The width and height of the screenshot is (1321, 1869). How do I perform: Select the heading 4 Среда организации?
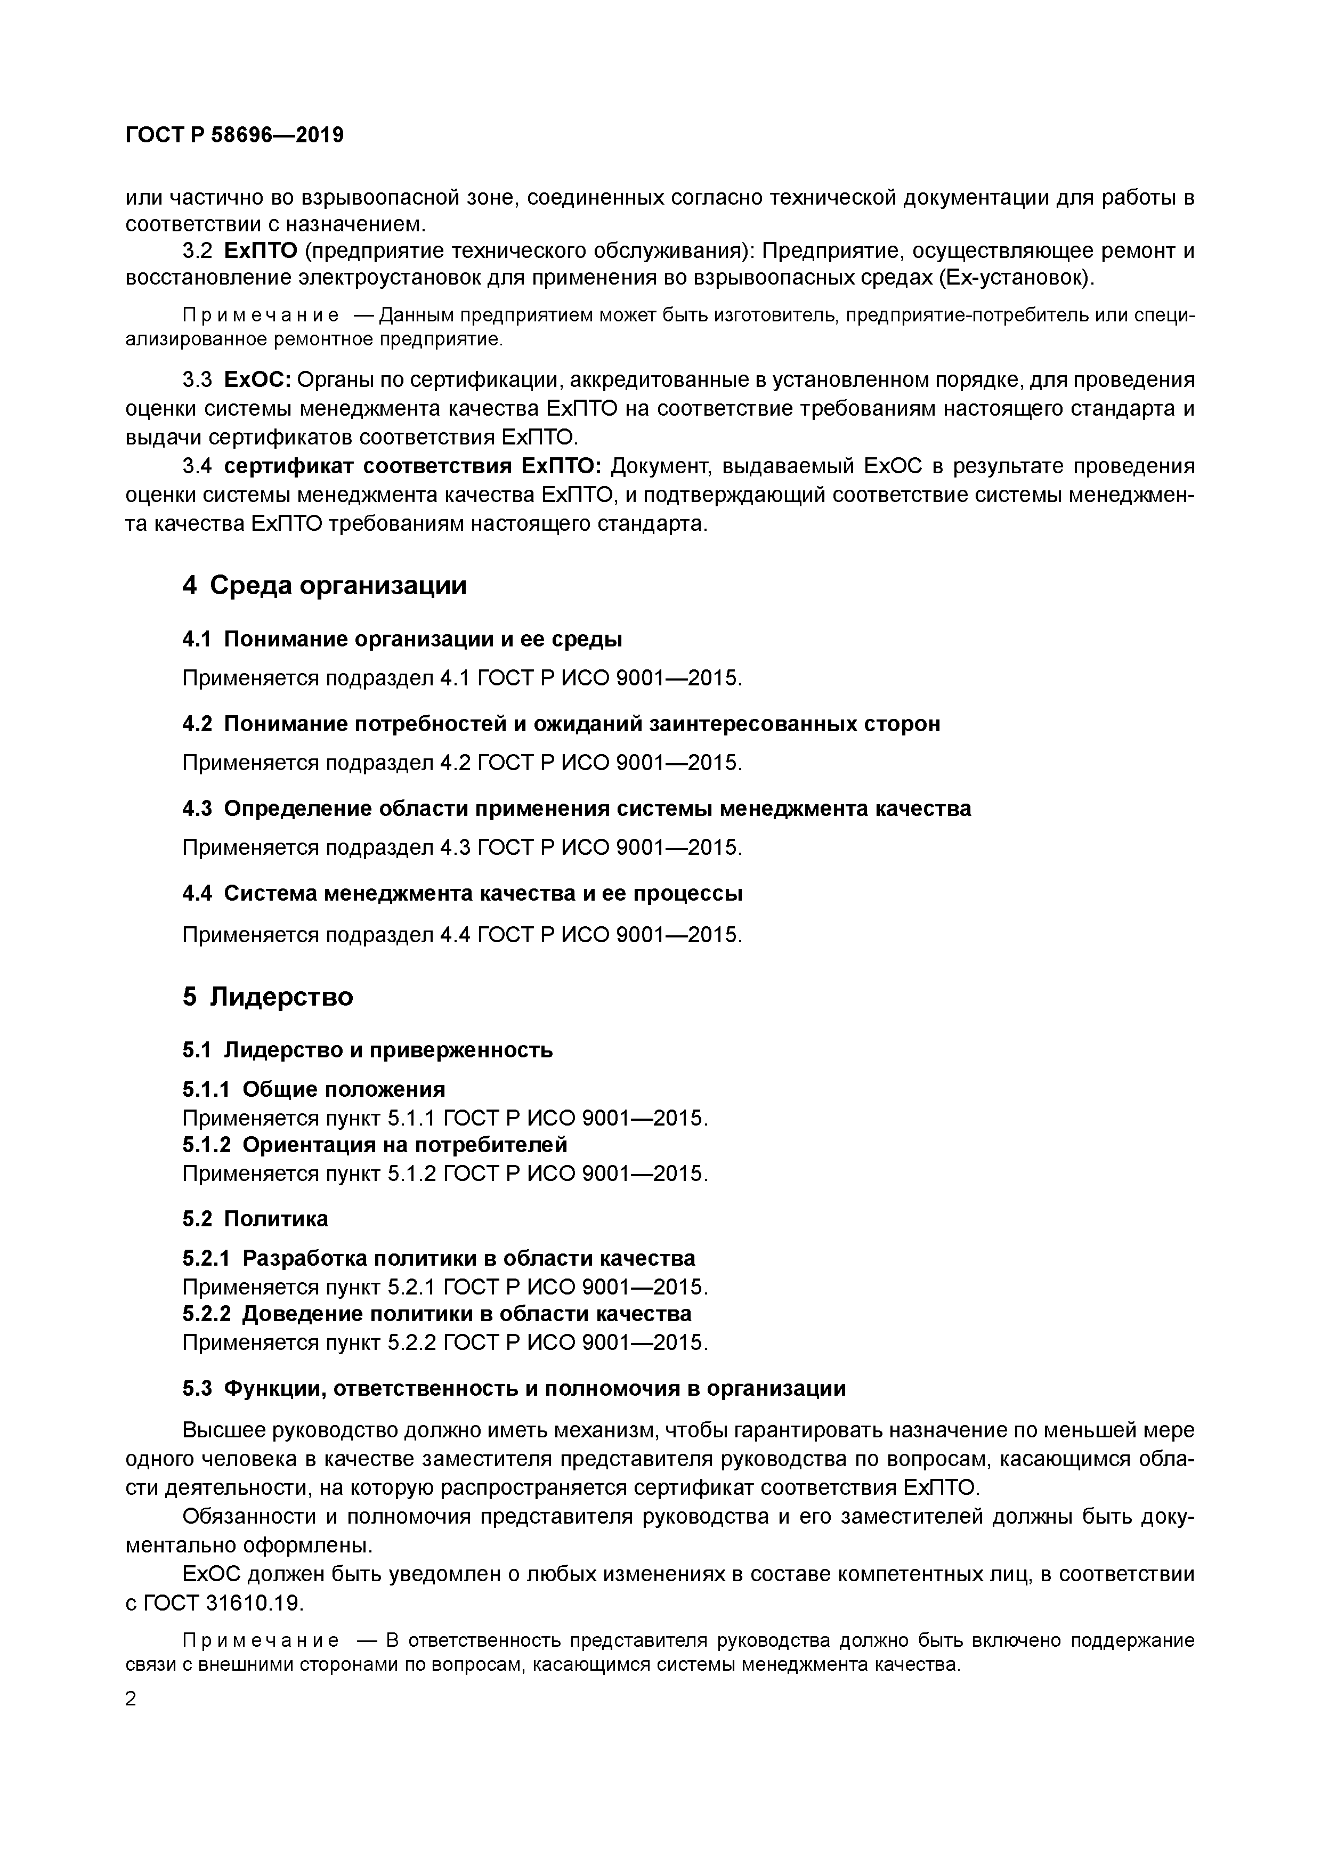click(x=324, y=585)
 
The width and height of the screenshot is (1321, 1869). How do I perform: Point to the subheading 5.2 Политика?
click(x=255, y=1219)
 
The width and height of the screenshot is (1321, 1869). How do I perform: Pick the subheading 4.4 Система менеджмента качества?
click(x=461, y=893)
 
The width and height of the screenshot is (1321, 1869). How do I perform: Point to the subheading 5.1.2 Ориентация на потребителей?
click(x=375, y=1145)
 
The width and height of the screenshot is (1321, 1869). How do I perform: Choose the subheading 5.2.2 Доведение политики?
click(x=436, y=1314)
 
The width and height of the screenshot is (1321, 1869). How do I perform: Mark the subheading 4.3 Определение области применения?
click(x=576, y=808)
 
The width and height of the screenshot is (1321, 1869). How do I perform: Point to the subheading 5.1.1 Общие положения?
click(x=313, y=1089)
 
